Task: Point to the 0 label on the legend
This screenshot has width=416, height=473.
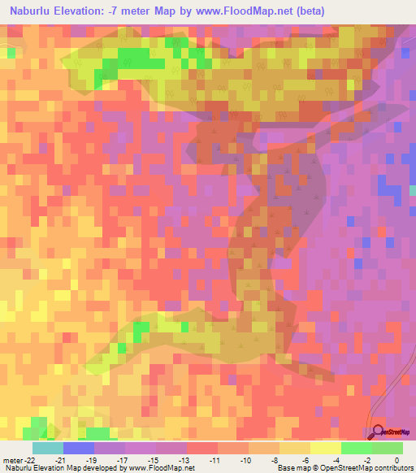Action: [397, 459]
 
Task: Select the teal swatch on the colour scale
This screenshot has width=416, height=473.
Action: [48, 447]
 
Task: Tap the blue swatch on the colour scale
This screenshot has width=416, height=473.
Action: [79, 447]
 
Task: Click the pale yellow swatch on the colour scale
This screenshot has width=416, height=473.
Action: [326, 447]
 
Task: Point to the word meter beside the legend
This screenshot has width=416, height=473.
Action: [11, 459]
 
